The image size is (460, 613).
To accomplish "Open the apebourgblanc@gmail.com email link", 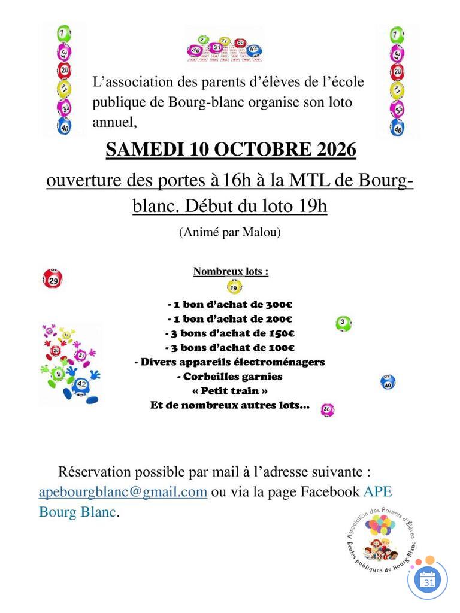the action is tap(123, 492).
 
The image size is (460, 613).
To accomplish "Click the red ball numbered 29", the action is tap(53, 279).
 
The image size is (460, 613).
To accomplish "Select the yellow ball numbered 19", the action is tap(234, 287).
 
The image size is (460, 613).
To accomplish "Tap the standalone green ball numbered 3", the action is tap(343, 324).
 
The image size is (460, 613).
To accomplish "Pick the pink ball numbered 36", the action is tap(327, 410).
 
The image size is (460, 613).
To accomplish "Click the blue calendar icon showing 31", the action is tap(428, 580).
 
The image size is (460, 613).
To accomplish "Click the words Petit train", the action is tap(230, 391).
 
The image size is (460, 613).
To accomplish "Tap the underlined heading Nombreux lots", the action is tap(231, 272).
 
